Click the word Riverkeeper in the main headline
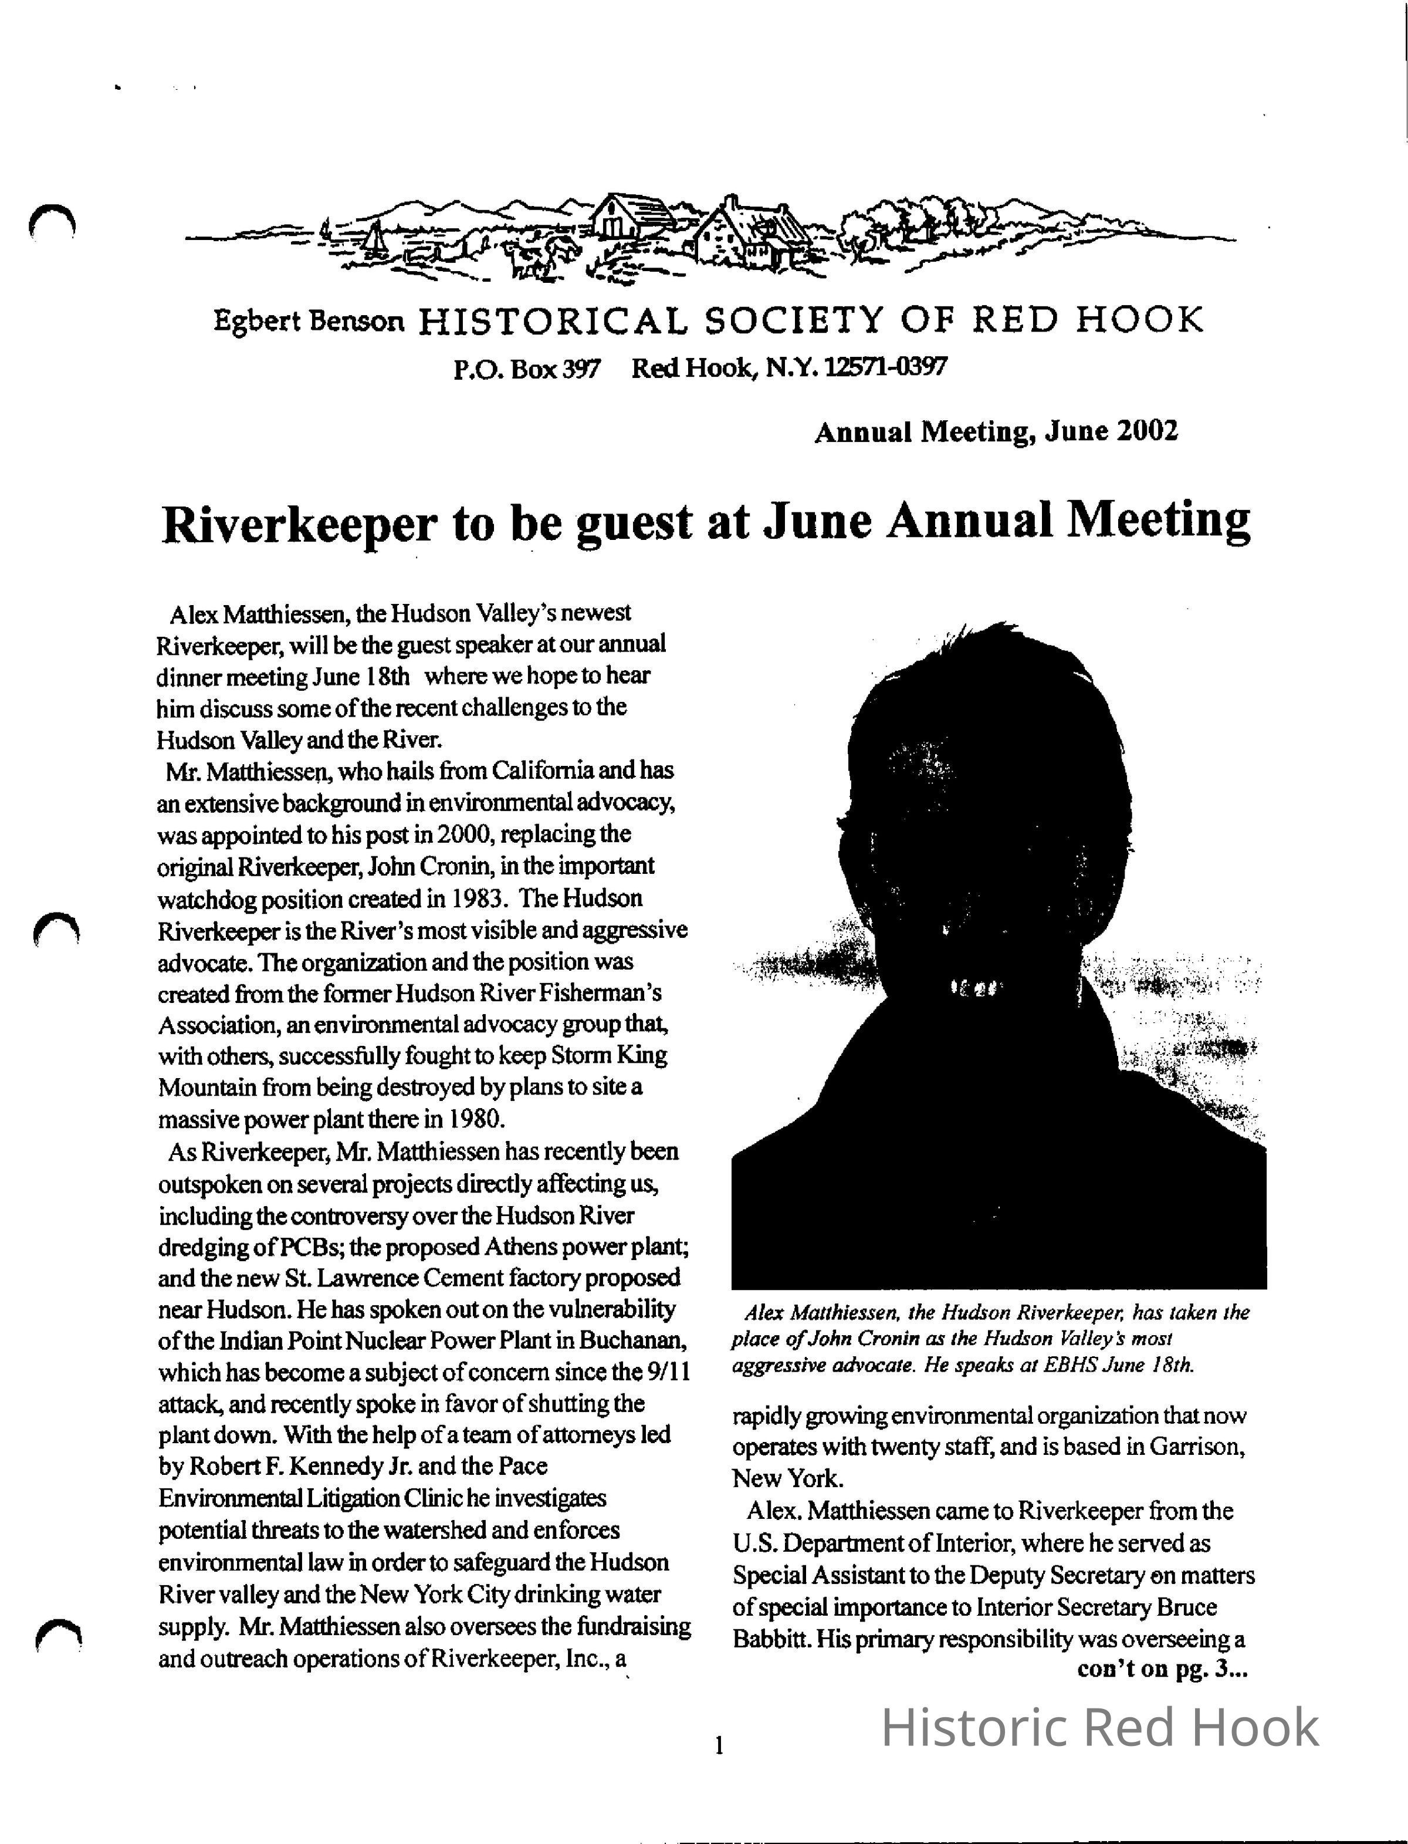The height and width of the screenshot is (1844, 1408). click(299, 525)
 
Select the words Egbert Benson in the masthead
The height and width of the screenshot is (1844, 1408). click(309, 321)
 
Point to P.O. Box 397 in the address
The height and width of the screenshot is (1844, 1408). click(526, 368)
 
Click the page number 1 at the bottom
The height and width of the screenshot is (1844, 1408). click(718, 1746)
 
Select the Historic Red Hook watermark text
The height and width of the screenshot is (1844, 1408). click(1099, 1727)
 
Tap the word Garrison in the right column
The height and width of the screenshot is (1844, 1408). click(1197, 1447)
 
